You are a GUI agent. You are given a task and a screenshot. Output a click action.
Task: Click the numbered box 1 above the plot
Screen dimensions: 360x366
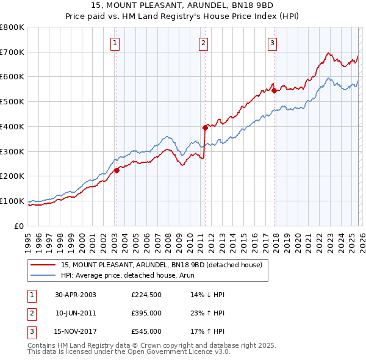tap(115, 43)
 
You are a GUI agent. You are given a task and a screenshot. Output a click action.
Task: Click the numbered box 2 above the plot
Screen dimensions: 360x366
tap(203, 43)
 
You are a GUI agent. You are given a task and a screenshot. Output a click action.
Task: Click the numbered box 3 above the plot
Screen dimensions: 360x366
tap(272, 43)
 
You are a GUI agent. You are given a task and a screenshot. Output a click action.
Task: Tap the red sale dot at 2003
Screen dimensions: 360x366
tap(117, 170)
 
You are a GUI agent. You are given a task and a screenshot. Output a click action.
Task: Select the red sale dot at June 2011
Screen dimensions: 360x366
tap(205, 128)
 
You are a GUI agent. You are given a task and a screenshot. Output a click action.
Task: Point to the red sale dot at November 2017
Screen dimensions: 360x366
tap(274, 90)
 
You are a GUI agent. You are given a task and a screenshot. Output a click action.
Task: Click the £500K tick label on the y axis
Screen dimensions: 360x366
tap(12, 102)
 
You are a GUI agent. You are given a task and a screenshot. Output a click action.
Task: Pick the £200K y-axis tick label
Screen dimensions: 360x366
tap(12, 176)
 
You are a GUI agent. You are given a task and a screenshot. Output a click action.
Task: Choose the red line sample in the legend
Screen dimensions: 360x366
tap(44, 265)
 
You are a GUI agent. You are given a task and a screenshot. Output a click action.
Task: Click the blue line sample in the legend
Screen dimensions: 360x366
tap(44, 275)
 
